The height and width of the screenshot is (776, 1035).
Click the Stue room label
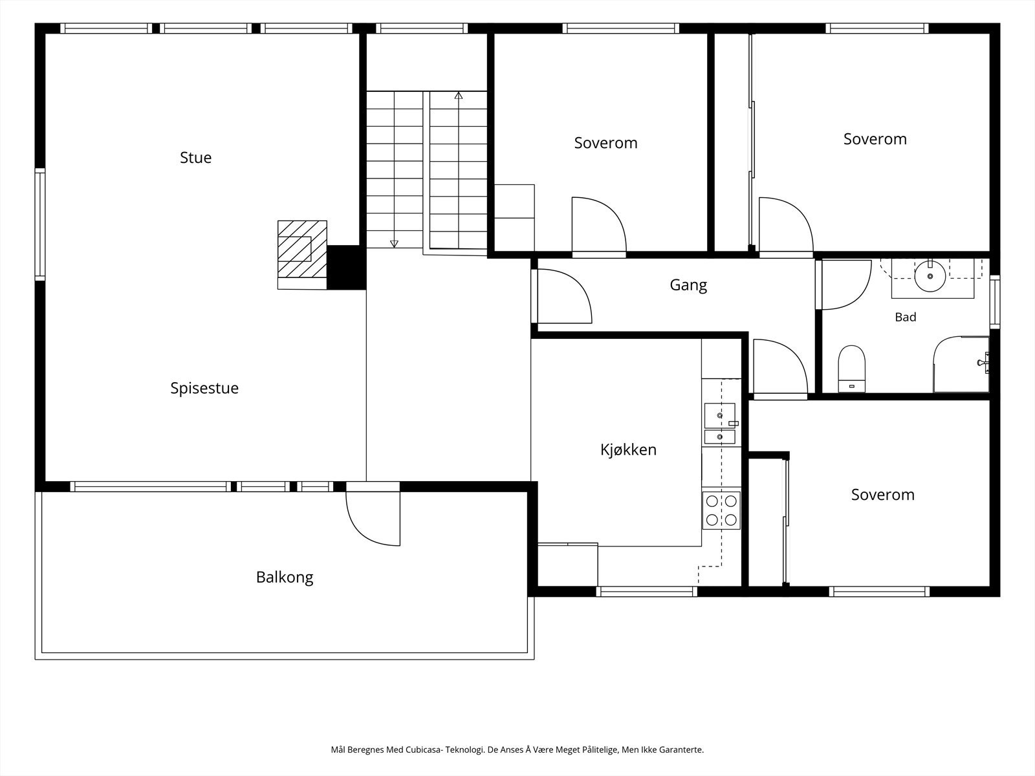point(196,157)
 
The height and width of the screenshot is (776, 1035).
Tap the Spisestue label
point(204,388)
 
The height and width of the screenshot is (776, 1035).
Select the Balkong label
point(285,577)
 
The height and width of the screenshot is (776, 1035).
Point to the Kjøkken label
point(628,450)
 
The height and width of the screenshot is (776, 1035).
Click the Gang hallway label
point(688,286)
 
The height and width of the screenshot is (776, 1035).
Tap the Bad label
point(906,317)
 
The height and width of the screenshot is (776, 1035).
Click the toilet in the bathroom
point(851,369)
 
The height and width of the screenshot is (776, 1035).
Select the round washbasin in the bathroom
point(930,276)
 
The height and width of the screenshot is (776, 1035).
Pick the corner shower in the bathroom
point(961,363)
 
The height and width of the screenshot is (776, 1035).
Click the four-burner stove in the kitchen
point(721,510)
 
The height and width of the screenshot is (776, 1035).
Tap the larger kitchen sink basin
point(719,415)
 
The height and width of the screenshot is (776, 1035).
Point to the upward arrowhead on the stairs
point(459,96)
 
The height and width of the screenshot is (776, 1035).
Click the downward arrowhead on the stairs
point(394,244)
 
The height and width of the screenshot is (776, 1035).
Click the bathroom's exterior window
point(995,301)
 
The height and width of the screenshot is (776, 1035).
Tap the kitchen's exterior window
point(646,592)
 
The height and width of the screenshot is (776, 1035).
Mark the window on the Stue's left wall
point(40,224)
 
